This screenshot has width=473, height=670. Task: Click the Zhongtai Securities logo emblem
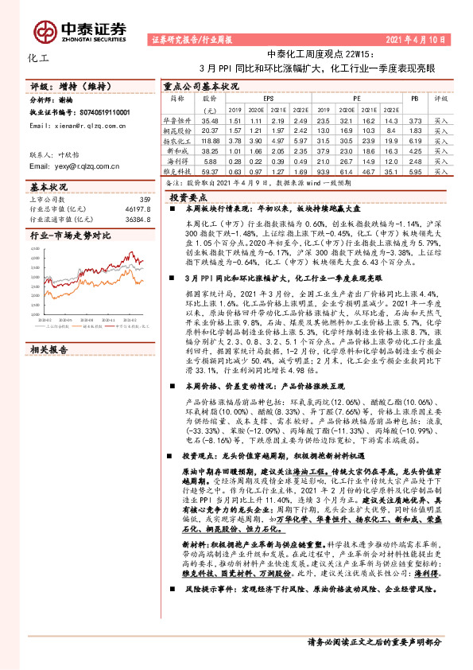(x=46, y=30)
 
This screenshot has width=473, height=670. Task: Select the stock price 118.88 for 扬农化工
(x=210, y=138)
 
